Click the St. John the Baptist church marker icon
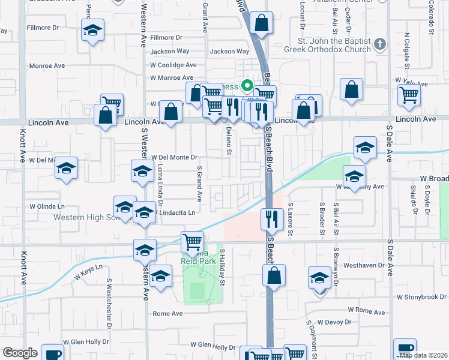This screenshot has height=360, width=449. (379, 44)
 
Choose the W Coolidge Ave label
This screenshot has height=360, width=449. (173, 65)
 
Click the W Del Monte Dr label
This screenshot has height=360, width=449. (175, 157)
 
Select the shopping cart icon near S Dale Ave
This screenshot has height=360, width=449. (409, 94)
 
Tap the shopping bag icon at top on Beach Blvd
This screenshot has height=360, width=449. (261, 24)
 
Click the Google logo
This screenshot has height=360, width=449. (20, 353)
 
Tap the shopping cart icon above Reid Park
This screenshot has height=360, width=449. (192, 242)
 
